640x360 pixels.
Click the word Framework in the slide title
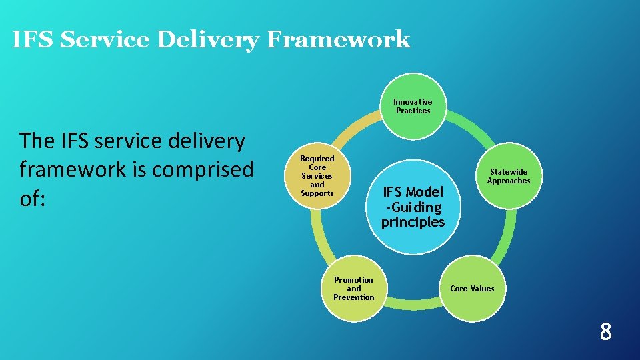point(338,40)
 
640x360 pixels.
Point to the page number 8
point(605,331)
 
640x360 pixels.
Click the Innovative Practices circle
point(413,106)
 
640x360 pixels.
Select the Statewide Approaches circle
point(509,176)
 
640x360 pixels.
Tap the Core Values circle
point(472,289)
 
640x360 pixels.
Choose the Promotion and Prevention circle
point(354,289)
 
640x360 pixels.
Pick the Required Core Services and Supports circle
point(317,176)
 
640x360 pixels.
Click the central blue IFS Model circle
point(413,207)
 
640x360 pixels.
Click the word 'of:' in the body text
point(33,199)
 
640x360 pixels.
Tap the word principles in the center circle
point(413,222)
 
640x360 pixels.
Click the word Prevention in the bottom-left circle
point(354,297)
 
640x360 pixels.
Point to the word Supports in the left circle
point(317,193)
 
